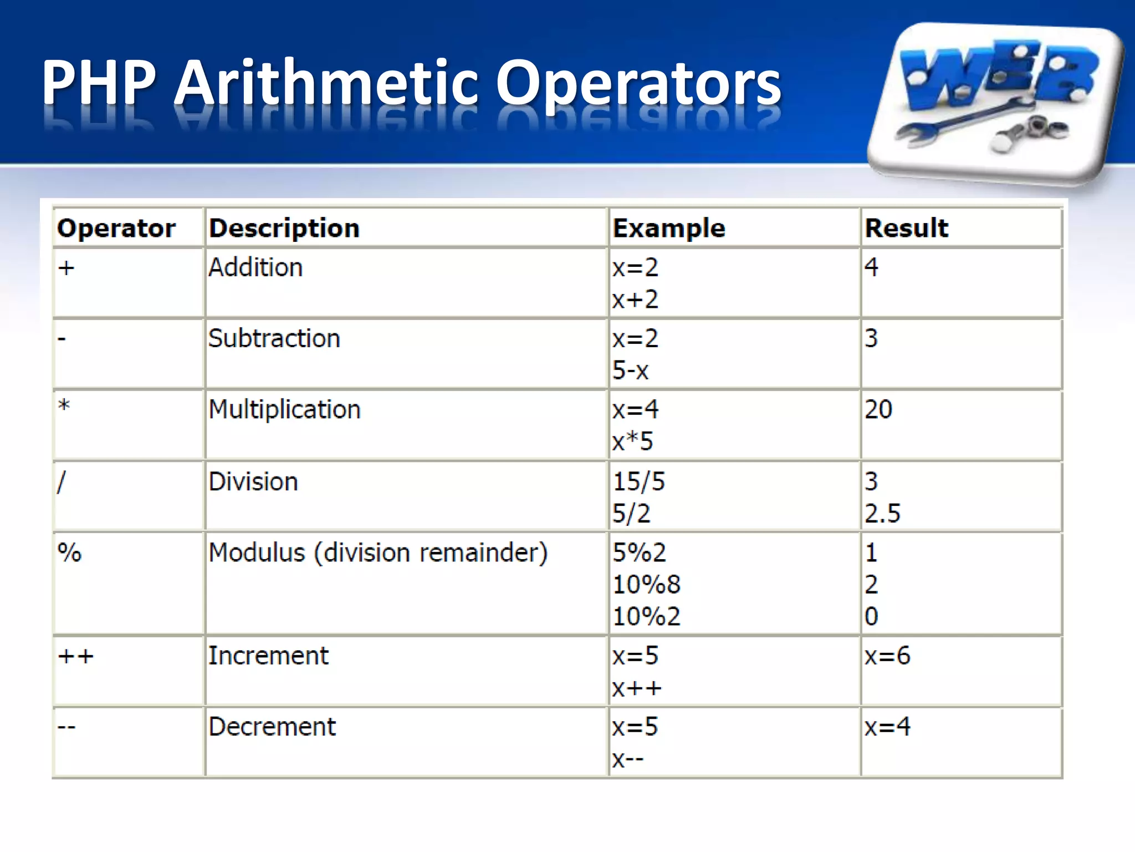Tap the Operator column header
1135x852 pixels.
coord(116,228)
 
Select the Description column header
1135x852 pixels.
coord(284,228)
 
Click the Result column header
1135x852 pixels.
coord(907,228)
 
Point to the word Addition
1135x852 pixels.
coord(255,267)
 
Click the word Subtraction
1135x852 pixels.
coord(274,338)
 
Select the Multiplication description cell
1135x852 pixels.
coord(284,409)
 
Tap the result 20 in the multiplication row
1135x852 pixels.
coord(878,409)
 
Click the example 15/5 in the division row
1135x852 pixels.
coord(638,481)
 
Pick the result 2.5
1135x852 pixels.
coord(882,514)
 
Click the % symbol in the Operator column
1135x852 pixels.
coord(70,552)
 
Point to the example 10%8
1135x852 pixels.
coord(646,585)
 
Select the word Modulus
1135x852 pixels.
coord(257,552)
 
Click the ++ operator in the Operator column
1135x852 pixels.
coord(76,657)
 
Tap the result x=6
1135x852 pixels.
coord(887,656)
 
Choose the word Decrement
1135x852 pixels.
coord(272,727)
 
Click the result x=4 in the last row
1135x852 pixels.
coord(887,727)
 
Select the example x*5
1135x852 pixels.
coord(632,442)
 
